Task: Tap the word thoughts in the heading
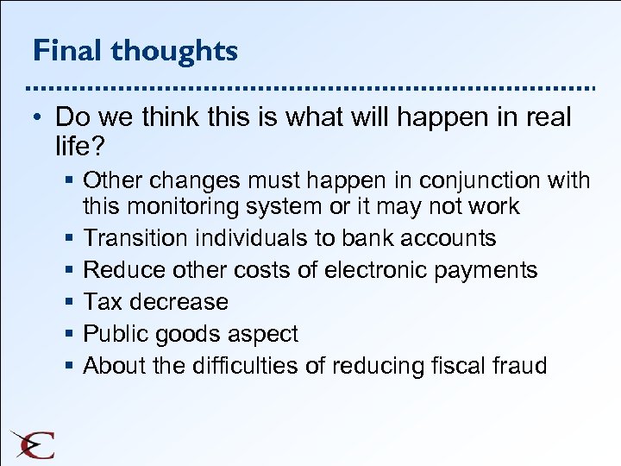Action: click(x=173, y=51)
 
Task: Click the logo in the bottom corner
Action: click(x=33, y=444)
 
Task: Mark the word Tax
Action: click(x=100, y=302)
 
